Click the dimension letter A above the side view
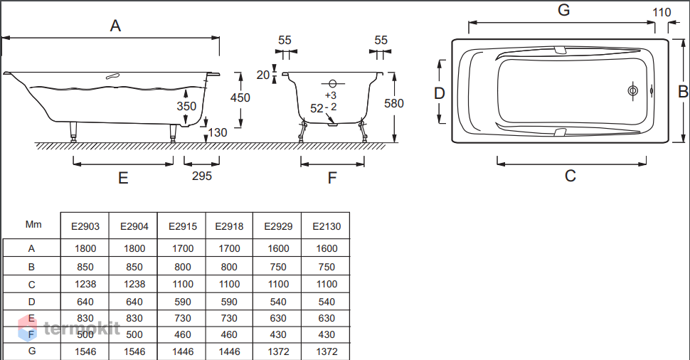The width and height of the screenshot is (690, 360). click(x=115, y=26)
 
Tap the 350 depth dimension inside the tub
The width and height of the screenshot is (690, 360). click(x=186, y=106)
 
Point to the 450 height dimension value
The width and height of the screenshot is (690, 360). click(x=240, y=97)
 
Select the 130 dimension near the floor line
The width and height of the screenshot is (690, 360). click(x=218, y=132)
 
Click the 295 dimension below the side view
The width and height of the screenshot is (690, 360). click(x=202, y=176)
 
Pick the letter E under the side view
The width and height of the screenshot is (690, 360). click(x=123, y=179)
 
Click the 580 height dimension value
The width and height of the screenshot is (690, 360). click(x=394, y=103)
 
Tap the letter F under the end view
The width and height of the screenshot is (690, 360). click(x=332, y=179)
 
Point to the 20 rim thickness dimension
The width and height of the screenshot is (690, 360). click(x=263, y=75)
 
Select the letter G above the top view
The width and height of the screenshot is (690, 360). click(x=563, y=10)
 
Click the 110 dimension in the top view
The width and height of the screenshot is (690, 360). click(x=662, y=12)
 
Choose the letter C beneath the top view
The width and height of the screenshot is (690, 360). click(x=570, y=176)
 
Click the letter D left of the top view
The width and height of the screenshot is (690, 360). click(x=440, y=93)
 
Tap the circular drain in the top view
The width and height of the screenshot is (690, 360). click(x=633, y=91)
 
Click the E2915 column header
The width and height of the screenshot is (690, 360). click(x=183, y=227)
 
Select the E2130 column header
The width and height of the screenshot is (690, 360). click(x=327, y=227)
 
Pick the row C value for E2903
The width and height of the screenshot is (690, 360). click(x=85, y=285)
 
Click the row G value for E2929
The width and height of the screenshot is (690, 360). click(x=278, y=351)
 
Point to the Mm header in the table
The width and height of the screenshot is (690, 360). click(x=33, y=224)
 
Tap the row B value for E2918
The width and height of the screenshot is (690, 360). click(x=229, y=267)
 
